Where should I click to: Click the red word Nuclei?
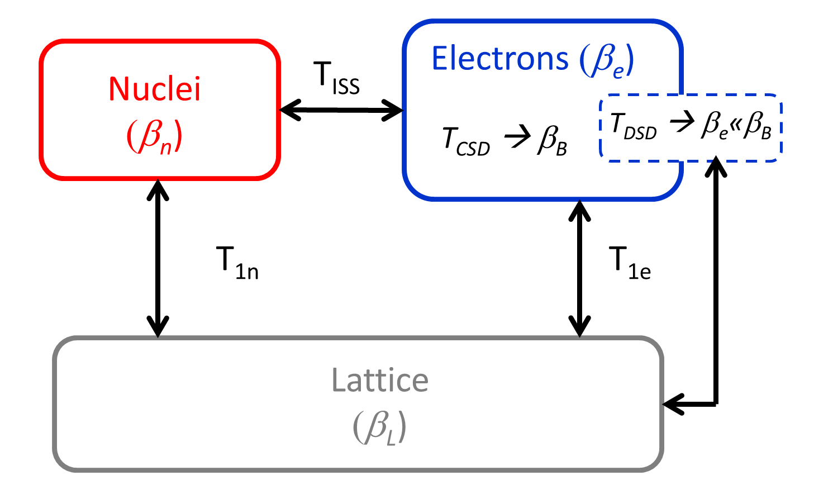pos(155,89)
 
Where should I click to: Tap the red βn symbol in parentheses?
pos(155,137)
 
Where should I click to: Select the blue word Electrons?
pos(500,59)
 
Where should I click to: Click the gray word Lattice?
pos(380,381)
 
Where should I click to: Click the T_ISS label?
pos(336,78)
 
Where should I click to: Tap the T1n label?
pos(237,263)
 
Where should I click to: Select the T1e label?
pos(630,263)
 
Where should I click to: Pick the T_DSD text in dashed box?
pos(634,126)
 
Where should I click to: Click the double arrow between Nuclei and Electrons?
pos(341,110)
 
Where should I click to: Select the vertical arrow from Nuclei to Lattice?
pos(158,258)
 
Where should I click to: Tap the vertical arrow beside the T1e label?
pos(579,268)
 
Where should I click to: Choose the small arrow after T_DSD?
pos(682,122)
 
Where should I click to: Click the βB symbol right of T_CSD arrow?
pos(552,140)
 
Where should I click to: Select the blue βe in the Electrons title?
pos(606,60)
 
